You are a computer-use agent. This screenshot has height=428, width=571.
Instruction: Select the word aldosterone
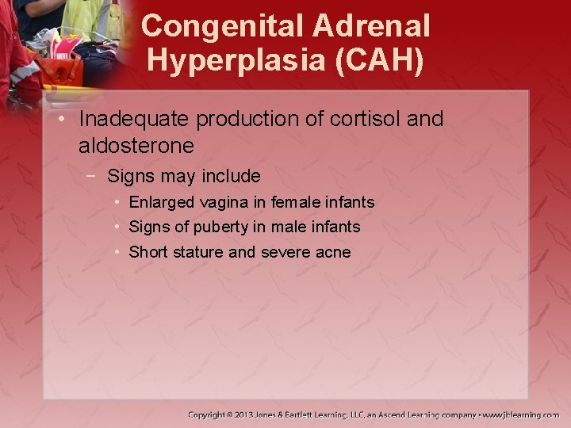tap(136, 146)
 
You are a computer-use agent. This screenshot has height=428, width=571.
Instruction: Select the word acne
tap(333, 253)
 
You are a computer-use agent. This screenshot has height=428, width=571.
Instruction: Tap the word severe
tap(285, 253)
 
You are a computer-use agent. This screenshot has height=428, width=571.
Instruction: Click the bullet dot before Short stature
tap(117, 253)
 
